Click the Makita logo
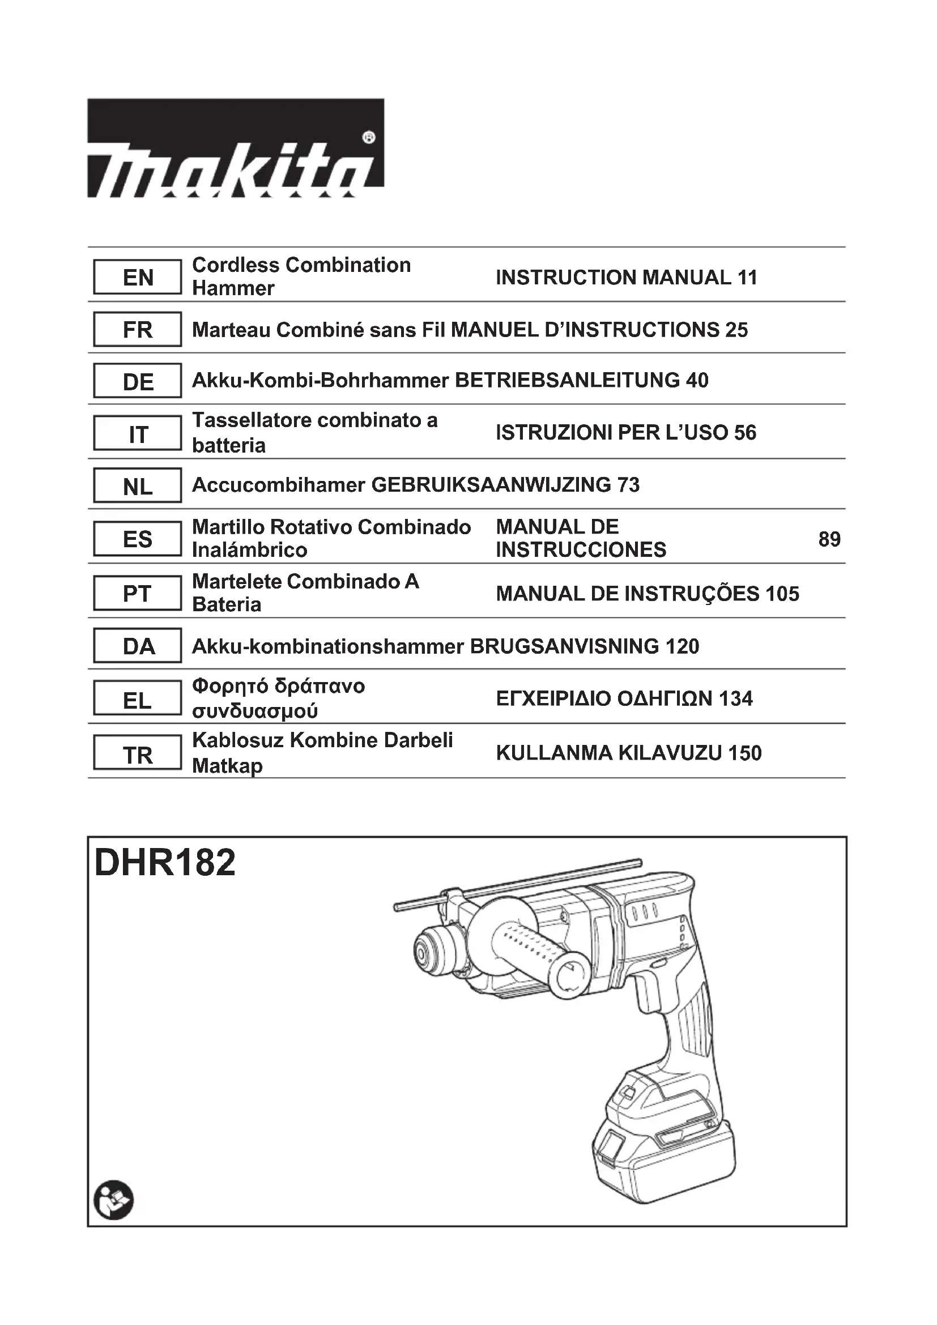click(236, 148)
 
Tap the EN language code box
click(137, 277)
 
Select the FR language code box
click(137, 330)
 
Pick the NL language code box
click(137, 487)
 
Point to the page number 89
click(829, 539)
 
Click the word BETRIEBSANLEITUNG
click(567, 380)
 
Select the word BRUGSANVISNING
click(564, 646)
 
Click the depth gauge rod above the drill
click(519, 885)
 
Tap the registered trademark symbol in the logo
click(369, 137)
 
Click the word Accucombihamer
click(279, 485)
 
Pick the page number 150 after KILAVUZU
click(744, 753)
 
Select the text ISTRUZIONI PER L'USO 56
click(625, 432)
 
